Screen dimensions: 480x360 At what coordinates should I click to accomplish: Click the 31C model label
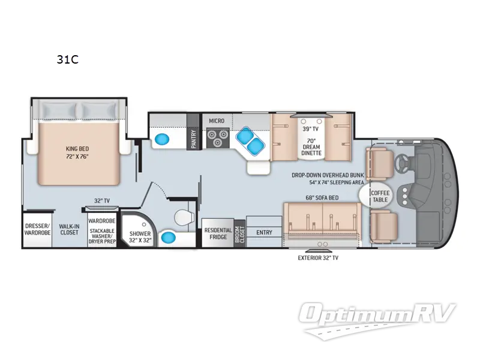[x=67, y=59]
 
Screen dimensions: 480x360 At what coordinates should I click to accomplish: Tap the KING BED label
[x=77, y=149]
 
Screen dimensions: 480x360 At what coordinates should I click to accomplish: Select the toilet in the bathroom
[x=184, y=217]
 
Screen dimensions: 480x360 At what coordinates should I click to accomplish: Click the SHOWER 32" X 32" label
[x=140, y=237]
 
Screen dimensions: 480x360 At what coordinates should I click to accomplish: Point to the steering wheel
[x=401, y=162]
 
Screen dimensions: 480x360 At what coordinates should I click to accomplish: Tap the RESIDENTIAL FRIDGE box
[x=218, y=233]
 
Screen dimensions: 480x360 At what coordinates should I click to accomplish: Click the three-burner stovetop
[x=218, y=138]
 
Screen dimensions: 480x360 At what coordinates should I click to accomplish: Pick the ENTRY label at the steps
[x=264, y=233]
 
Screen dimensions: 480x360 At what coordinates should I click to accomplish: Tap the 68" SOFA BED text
[x=322, y=198]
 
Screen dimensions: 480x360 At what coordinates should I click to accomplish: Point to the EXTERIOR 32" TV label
[x=318, y=258]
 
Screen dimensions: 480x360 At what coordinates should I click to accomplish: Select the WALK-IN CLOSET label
[x=70, y=229]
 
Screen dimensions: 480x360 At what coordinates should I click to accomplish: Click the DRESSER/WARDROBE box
[x=37, y=229]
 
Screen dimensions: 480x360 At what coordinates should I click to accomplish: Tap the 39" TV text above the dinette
[x=311, y=129]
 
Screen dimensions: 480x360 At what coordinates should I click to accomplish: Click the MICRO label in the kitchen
[x=217, y=121]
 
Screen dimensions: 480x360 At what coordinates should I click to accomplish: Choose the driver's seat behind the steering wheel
[x=380, y=163]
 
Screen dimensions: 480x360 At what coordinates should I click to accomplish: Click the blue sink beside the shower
[x=169, y=237]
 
